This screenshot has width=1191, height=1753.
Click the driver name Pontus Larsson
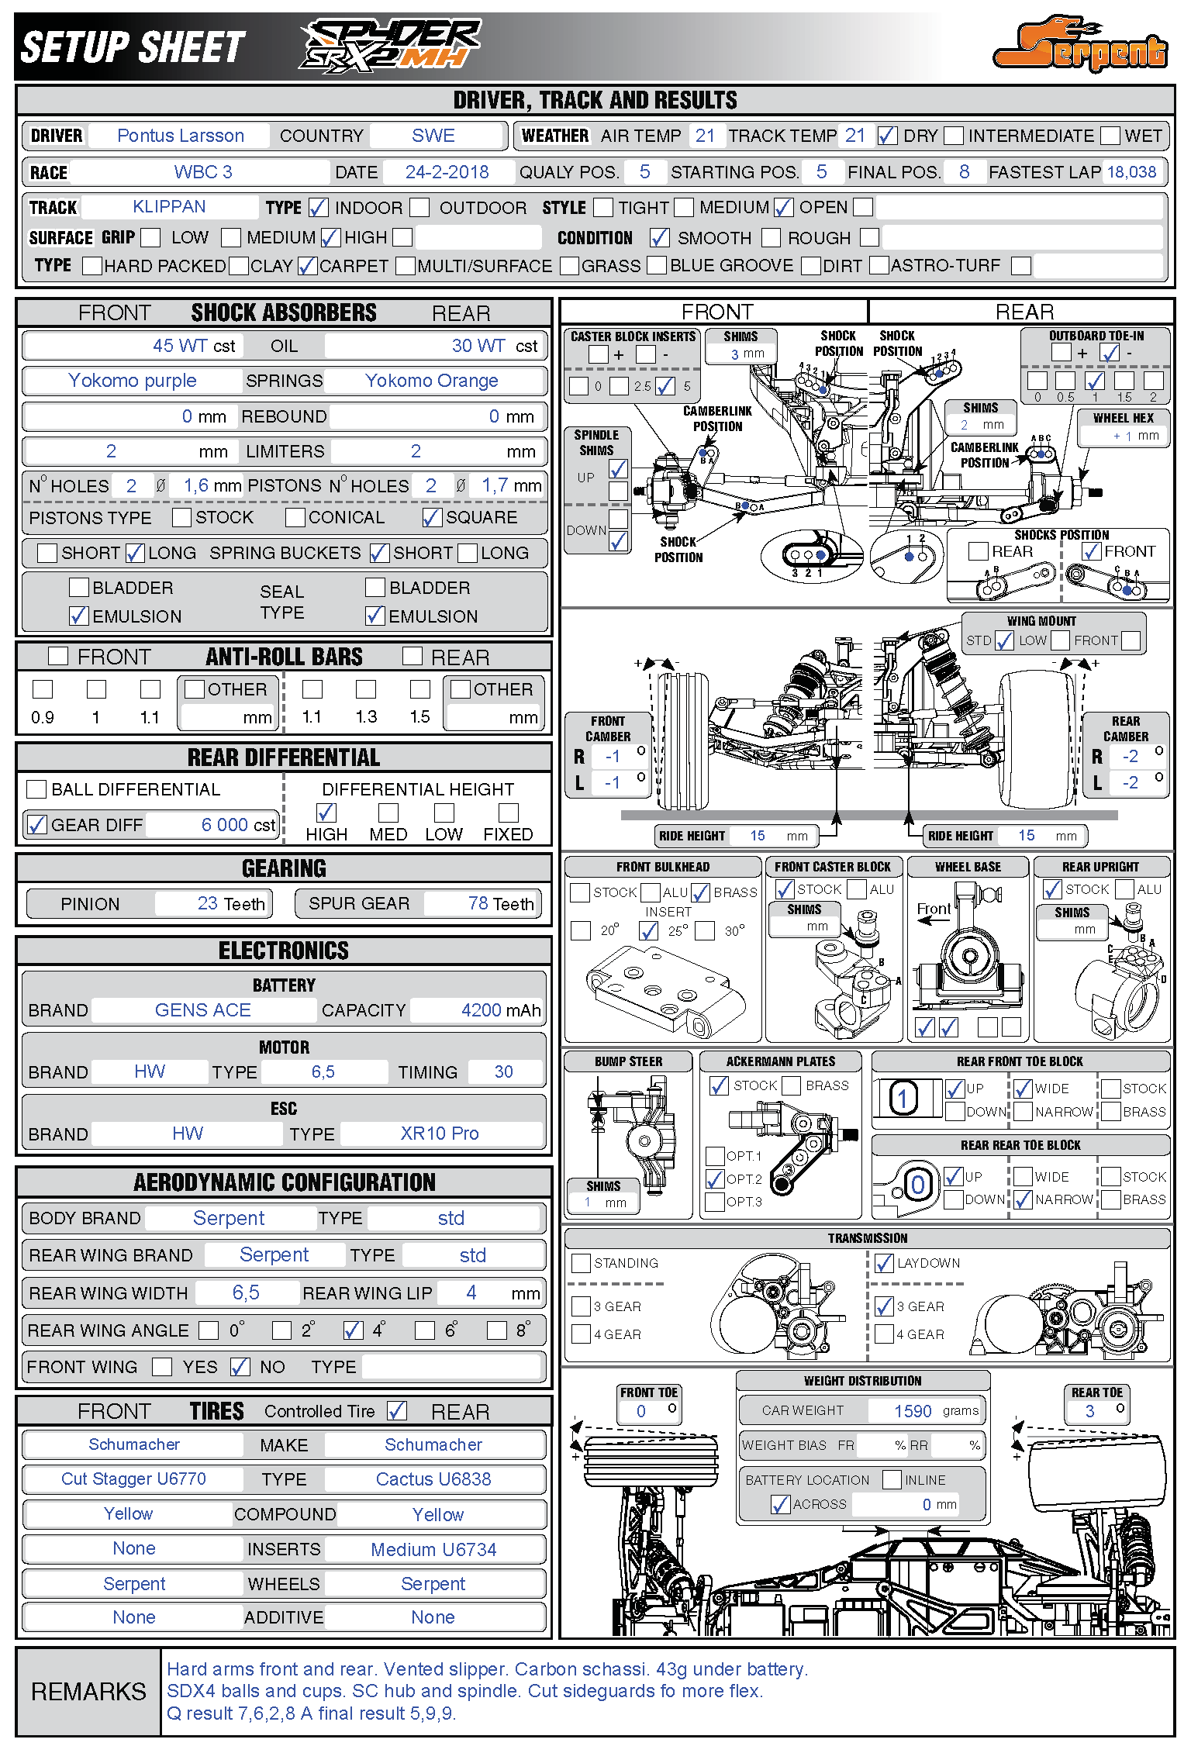(x=181, y=136)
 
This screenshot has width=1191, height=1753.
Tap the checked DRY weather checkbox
(x=887, y=136)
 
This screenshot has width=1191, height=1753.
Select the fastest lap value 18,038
(x=1131, y=172)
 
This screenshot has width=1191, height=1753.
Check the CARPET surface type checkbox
(x=308, y=267)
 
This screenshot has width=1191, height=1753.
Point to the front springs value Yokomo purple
(x=133, y=381)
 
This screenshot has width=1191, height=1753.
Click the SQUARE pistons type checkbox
(x=432, y=517)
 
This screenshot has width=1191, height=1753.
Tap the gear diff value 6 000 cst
(x=237, y=825)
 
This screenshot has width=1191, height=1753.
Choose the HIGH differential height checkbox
(x=326, y=813)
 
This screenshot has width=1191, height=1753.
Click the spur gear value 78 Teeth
(x=500, y=904)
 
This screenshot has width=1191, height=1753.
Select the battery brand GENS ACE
(x=203, y=1010)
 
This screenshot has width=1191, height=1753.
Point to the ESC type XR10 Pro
(x=440, y=1134)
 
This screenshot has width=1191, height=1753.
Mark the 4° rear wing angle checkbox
(x=354, y=1330)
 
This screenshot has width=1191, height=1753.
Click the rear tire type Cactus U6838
(x=433, y=1479)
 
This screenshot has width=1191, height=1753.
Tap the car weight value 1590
(x=913, y=1411)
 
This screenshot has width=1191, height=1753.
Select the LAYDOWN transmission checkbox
(x=884, y=1264)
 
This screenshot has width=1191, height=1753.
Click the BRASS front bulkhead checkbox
(x=701, y=892)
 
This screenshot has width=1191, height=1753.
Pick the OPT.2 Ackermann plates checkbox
(x=715, y=1179)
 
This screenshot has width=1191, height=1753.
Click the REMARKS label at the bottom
(x=88, y=1691)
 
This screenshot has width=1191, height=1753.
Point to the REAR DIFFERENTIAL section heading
(x=284, y=757)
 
